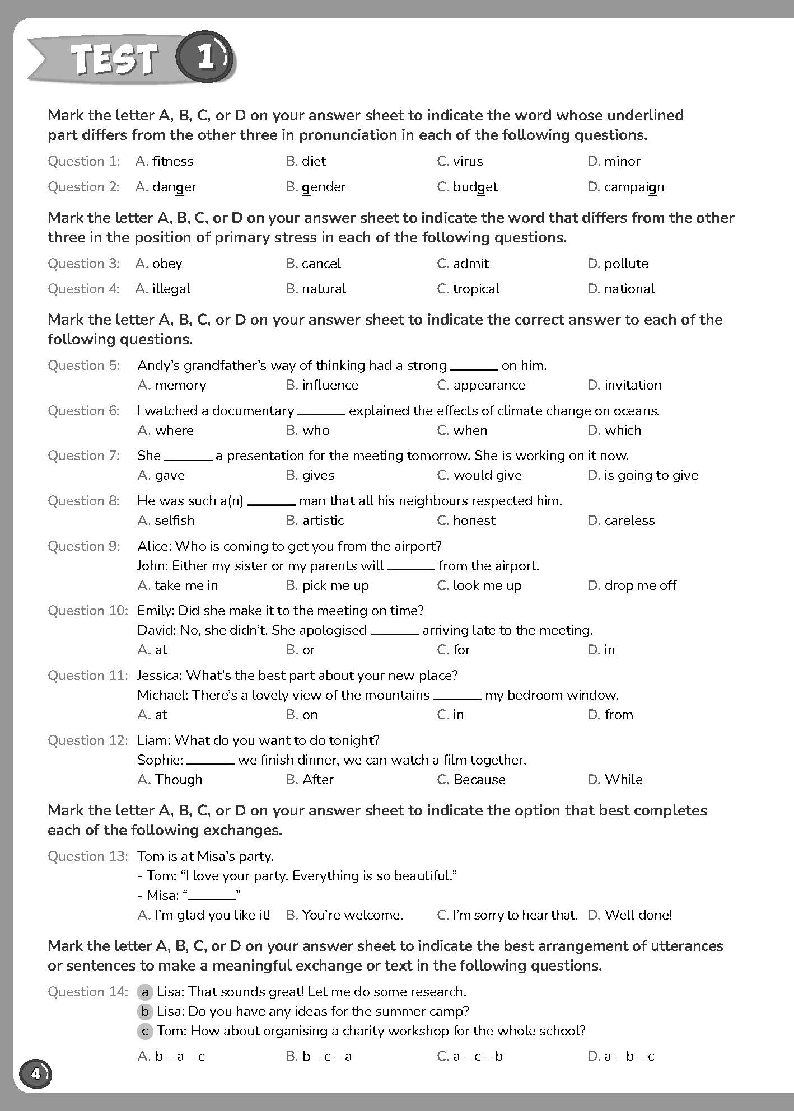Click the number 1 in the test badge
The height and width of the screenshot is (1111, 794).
pyautogui.click(x=205, y=58)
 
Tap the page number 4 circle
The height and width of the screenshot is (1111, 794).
pyautogui.click(x=35, y=1074)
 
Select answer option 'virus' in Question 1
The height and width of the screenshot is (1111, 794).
pyautogui.click(x=468, y=161)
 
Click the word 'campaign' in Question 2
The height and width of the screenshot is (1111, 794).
pyautogui.click(x=634, y=187)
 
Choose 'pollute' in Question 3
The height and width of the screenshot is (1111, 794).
pyautogui.click(x=625, y=264)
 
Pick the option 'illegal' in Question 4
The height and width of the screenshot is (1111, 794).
pyautogui.click(x=171, y=289)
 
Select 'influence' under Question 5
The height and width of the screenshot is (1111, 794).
pyautogui.click(x=330, y=385)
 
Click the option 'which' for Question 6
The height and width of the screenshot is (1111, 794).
pyautogui.click(x=623, y=430)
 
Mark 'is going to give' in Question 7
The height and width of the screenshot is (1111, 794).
pyautogui.click(x=651, y=475)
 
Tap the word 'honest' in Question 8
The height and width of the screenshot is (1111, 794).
pyautogui.click(x=474, y=521)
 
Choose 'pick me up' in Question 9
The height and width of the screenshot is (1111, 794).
pyautogui.click(x=335, y=585)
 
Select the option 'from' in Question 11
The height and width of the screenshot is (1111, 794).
pyautogui.click(x=619, y=715)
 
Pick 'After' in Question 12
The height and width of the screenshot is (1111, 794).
pyautogui.click(x=317, y=780)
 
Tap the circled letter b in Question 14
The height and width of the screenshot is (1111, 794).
pyautogui.click(x=145, y=1011)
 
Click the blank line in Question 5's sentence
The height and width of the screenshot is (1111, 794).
pyautogui.click(x=474, y=368)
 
